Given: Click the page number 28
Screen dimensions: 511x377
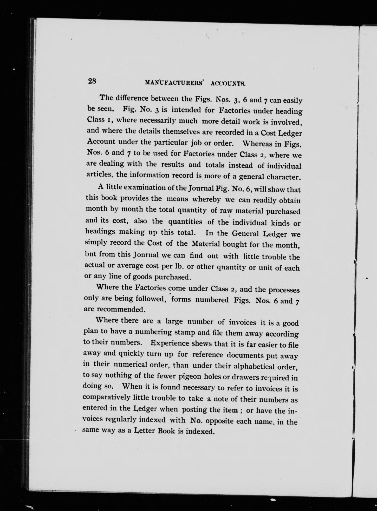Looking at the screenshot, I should (x=92, y=81).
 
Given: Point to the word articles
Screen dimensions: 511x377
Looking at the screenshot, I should (x=100, y=174).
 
